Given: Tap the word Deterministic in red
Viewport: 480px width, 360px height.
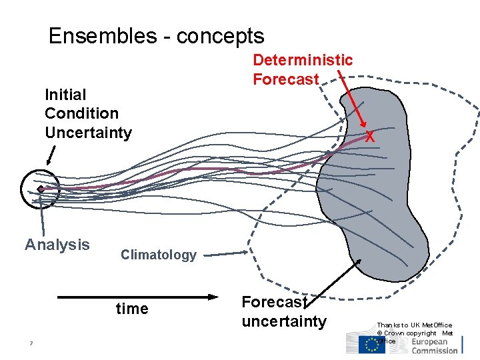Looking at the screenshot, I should pos(303,61).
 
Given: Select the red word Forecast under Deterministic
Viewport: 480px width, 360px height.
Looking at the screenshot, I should pos(285,79).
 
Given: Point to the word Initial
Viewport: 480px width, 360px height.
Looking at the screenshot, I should pos(65,95).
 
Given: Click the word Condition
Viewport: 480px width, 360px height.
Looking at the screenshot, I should pos(81,113).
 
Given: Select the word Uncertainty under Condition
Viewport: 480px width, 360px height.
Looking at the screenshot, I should pos(88,132).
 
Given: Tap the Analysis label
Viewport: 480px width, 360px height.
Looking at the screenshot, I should pos(57,245).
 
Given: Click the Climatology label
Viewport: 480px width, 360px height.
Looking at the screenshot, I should pos(159,255).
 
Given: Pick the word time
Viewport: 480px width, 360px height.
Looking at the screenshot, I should pos(132,308).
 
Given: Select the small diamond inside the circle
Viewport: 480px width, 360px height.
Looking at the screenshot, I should pos(41,189).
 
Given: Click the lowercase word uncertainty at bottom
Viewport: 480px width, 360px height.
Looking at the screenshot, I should pos(284,321).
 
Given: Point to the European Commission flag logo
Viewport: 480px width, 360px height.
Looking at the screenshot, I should pos(372,344).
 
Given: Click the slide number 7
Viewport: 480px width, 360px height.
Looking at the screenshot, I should pos(31,344).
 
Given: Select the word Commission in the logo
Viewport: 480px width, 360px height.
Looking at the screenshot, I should pos(434,350).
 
